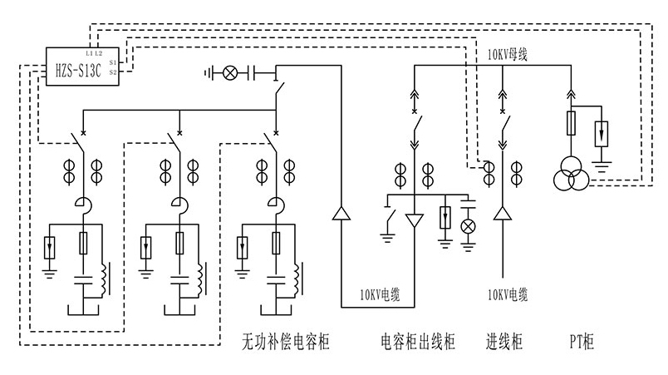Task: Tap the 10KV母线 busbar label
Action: (x=508, y=56)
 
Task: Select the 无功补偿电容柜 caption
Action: (x=285, y=341)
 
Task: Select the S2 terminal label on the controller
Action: (x=112, y=72)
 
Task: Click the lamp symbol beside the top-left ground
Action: (x=230, y=73)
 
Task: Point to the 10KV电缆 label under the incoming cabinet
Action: (x=508, y=294)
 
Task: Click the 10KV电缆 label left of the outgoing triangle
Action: (x=380, y=294)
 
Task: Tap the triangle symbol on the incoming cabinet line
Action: (x=501, y=215)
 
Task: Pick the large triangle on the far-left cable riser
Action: (x=341, y=215)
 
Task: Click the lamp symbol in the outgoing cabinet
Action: (x=468, y=226)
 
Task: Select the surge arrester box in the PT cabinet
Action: (x=602, y=132)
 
